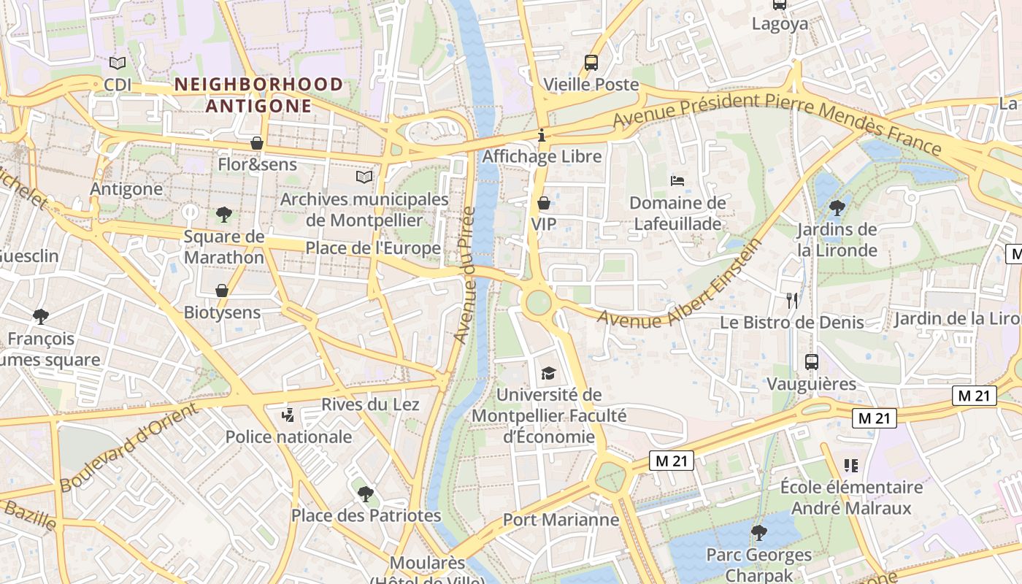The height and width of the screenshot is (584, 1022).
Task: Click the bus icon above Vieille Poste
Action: click(591, 63)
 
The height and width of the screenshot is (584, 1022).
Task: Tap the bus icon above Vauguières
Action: click(811, 361)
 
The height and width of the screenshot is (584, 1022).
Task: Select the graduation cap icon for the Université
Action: click(548, 374)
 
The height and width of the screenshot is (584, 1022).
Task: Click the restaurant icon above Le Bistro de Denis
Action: click(792, 300)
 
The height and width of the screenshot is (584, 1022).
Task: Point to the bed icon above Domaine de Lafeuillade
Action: click(677, 180)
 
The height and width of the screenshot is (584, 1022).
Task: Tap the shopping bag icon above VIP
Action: click(543, 202)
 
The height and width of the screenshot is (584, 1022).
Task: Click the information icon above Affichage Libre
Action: click(542, 135)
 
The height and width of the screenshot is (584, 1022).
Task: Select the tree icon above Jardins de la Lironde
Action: click(837, 208)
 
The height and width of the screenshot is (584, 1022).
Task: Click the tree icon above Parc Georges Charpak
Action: click(759, 532)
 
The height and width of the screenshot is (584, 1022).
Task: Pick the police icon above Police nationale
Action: click(288, 415)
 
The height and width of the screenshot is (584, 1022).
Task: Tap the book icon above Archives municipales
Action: click(364, 177)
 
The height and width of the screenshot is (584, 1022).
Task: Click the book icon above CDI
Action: click(117, 64)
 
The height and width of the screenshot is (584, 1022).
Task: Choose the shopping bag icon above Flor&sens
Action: click(256, 143)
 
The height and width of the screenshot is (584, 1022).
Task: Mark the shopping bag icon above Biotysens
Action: click(222, 291)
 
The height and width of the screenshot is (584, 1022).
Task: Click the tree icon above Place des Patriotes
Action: click(365, 493)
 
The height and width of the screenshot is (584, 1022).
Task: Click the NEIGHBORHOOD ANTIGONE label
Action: click(258, 95)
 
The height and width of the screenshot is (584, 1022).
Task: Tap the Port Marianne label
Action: click(561, 520)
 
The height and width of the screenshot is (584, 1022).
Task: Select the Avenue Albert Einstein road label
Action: click(679, 283)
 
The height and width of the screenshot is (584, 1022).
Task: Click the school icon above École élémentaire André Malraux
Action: click(850, 465)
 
